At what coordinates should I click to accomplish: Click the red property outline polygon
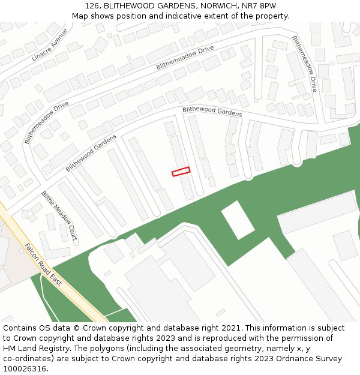click(x=181, y=172)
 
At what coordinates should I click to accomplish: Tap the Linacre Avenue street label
click(x=50, y=46)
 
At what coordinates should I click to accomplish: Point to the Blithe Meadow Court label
click(x=59, y=215)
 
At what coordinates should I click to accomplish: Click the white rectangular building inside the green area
click(x=238, y=220)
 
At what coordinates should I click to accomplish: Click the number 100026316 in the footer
click(x=23, y=369)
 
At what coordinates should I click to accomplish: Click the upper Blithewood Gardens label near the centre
click(x=212, y=112)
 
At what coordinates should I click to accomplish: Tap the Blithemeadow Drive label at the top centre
click(x=185, y=58)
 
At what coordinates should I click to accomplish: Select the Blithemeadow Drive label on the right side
click(x=304, y=63)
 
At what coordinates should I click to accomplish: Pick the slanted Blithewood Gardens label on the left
click(x=91, y=154)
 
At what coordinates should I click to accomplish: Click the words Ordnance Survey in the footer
click(x=311, y=359)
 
